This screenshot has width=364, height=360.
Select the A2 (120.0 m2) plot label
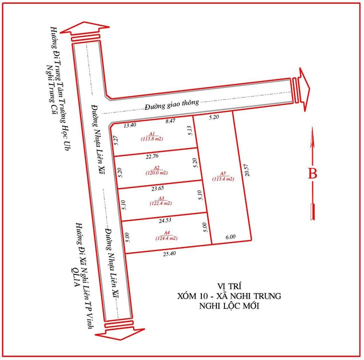156,170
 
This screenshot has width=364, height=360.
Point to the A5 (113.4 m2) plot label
223,176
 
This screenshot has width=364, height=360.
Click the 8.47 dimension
170,120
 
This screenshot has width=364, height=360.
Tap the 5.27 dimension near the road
115,141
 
